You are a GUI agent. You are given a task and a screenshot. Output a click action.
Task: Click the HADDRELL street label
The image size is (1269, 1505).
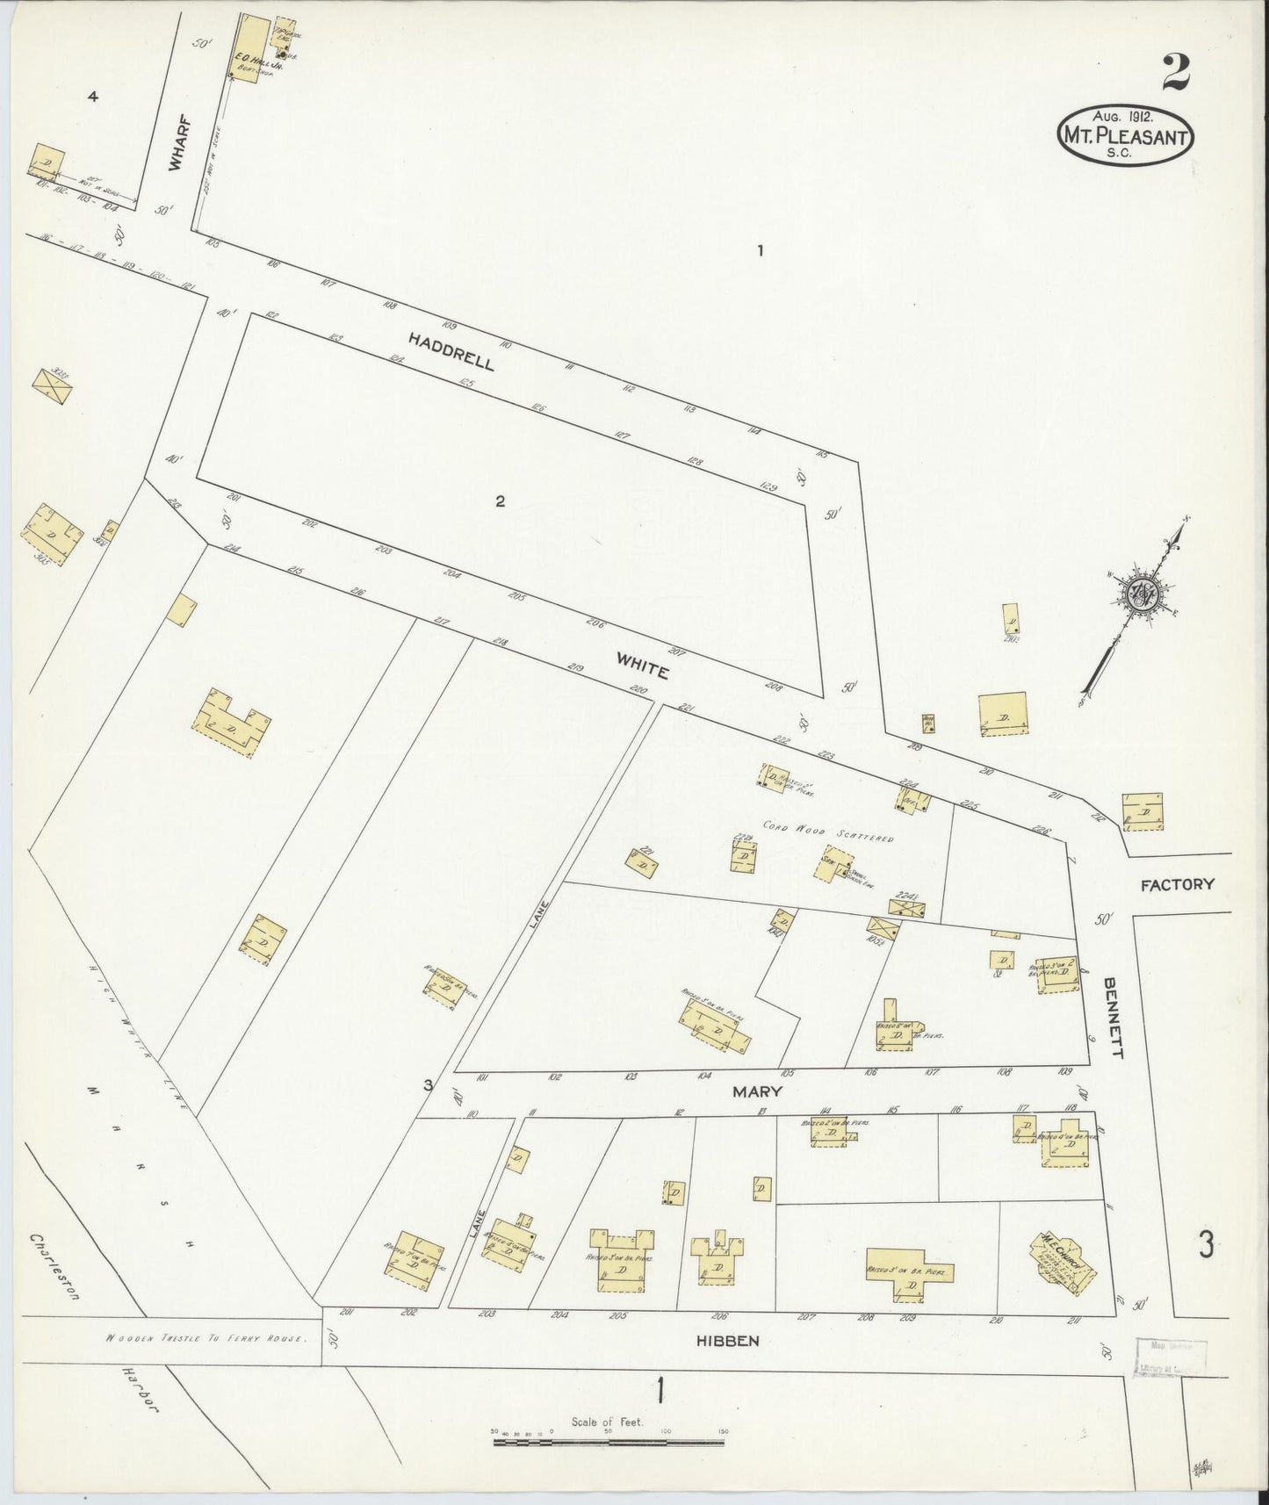pos(451,349)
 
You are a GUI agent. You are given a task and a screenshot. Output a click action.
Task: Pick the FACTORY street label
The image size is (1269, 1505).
pos(1177,884)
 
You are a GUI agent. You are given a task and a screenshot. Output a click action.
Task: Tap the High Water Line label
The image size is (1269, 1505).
pos(137,1036)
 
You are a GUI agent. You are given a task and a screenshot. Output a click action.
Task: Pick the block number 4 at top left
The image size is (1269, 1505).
pos(92,97)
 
